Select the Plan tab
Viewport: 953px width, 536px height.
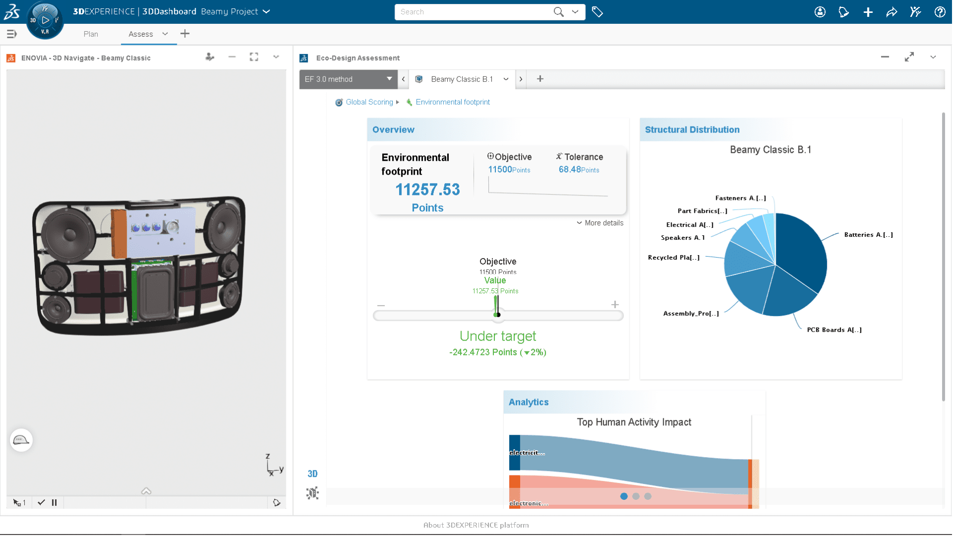[91, 34]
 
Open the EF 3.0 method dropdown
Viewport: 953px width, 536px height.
[348, 79]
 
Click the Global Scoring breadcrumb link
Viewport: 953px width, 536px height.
[369, 102]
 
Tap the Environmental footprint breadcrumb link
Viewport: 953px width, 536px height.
[452, 102]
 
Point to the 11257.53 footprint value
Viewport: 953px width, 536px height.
[427, 190]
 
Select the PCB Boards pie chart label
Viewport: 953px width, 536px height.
[834, 330]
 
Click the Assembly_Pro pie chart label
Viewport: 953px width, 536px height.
[690, 314]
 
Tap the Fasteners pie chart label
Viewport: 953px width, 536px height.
[740, 198]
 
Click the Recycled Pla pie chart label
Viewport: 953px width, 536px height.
[674, 258]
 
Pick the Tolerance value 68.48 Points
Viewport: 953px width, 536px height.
[578, 170]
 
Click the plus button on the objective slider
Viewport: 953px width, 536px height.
[614, 305]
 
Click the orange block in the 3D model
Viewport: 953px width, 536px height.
[119, 233]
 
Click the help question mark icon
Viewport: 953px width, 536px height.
[940, 12]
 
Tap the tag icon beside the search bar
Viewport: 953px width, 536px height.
[597, 12]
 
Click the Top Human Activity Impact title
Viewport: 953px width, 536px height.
[634, 422]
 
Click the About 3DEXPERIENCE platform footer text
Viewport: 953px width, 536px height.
[476, 525]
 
